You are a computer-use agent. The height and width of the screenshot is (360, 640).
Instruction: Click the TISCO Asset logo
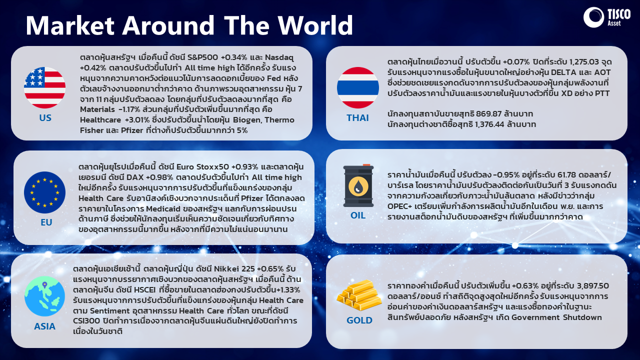pos(607,17)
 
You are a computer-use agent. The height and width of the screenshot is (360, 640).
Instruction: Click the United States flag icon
pos(45,87)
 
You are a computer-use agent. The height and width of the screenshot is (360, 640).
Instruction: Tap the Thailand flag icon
pos(358,87)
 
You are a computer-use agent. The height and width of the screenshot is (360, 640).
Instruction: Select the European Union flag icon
pos(45,192)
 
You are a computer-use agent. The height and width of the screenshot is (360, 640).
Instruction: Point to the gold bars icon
pos(359,295)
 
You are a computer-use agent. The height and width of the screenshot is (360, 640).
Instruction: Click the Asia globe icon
pos(44,296)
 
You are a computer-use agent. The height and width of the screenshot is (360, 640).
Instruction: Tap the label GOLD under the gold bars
pos(359,320)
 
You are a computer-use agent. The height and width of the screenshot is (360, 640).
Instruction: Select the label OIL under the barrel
pos(358,215)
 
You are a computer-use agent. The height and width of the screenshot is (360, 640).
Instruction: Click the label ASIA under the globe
pos(44,326)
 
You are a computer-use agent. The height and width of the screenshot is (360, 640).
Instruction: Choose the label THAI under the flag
pos(357,117)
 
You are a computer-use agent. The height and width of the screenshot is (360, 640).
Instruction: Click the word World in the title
pos(315,25)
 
